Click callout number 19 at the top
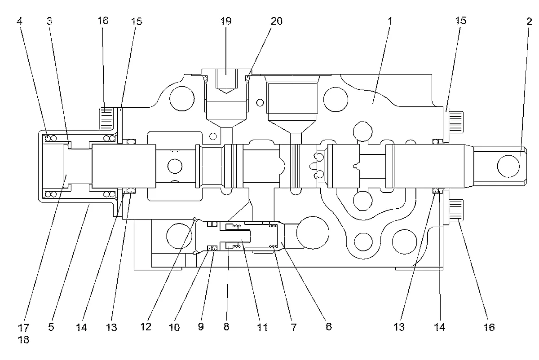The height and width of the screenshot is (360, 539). click(x=225, y=21)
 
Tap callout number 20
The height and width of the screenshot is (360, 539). click(x=277, y=21)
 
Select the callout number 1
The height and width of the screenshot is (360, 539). click(x=390, y=21)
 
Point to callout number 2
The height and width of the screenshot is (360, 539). click(x=529, y=22)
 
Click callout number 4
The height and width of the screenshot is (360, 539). click(x=19, y=21)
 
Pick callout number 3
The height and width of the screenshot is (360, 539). click(x=49, y=21)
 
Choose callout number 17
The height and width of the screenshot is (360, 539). click(x=23, y=328)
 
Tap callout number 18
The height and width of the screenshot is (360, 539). click(x=23, y=339)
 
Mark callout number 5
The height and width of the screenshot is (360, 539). click(x=51, y=327)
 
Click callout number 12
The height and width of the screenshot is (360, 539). click(x=146, y=327)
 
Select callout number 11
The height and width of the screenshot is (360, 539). click(x=262, y=328)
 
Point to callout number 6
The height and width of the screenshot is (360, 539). click(x=329, y=327)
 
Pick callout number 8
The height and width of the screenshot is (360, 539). click(x=226, y=327)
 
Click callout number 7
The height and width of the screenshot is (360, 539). click(x=294, y=327)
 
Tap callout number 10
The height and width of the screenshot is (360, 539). click(x=174, y=328)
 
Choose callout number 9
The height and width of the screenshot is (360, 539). click(x=201, y=327)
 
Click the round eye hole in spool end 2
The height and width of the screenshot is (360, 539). click(x=508, y=166)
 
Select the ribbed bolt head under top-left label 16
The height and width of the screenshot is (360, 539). click(x=106, y=119)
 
